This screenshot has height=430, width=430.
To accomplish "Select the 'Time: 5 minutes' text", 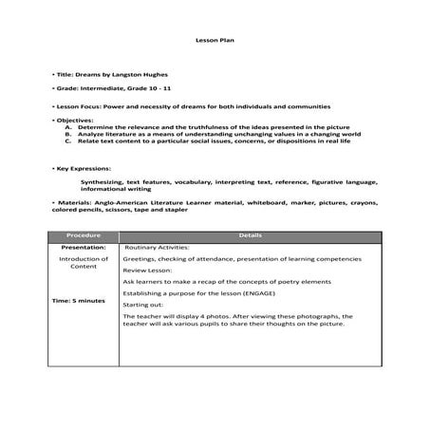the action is pyautogui.click(x=79, y=300).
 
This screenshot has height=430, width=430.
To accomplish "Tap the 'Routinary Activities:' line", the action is pyautogui.click(x=158, y=247).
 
